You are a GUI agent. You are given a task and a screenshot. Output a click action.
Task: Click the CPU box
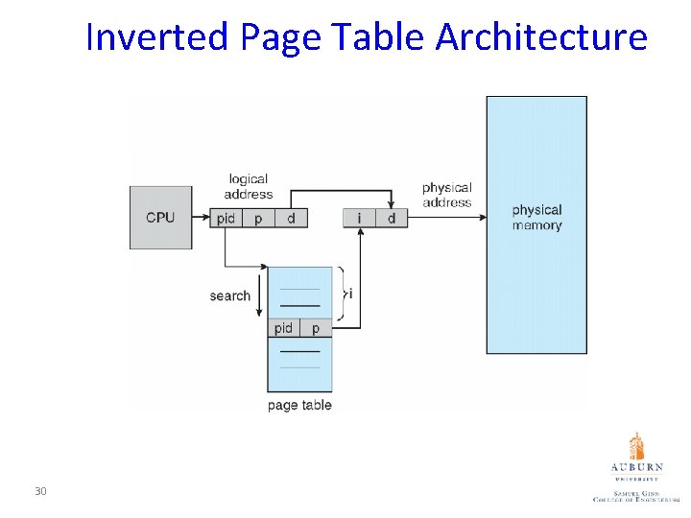click(160, 218)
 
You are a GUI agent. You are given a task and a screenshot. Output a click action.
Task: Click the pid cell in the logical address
click(226, 219)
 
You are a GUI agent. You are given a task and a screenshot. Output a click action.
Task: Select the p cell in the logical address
click(258, 219)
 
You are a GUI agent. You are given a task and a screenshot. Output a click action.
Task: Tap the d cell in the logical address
click(291, 219)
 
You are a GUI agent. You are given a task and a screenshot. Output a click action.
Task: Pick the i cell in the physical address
click(359, 219)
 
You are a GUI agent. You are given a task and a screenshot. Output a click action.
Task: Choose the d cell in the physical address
click(392, 219)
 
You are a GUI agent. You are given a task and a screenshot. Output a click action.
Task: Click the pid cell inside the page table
click(283, 328)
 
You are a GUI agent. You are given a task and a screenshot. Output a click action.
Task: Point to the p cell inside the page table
click(316, 328)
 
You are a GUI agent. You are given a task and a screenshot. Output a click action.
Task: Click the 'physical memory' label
click(536, 218)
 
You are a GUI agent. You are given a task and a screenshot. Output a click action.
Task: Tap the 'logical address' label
click(249, 186)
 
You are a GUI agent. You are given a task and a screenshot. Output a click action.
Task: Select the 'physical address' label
click(447, 195)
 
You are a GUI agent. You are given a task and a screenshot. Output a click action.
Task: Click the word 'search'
click(229, 295)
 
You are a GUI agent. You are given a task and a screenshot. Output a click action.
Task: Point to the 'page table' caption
click(299, 405)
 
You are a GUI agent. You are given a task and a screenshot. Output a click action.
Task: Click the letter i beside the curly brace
click(350, 294)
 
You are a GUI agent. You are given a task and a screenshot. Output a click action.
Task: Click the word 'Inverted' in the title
click(157, 37)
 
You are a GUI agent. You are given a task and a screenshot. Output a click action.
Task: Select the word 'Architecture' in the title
click(541, 37)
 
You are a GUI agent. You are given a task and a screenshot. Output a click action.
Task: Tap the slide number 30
click(40, 492)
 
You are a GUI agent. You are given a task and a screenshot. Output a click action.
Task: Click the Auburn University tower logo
click(636, 446)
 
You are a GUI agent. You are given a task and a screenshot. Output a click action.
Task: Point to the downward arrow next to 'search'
click(259, 293)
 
